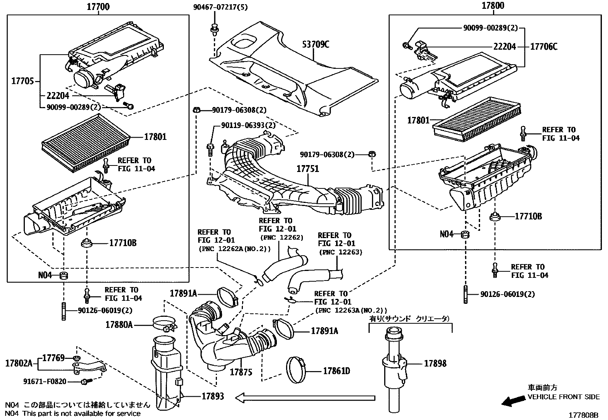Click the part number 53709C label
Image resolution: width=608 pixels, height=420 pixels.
coord(316,44)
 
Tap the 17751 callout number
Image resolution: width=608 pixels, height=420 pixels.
coord(307,169)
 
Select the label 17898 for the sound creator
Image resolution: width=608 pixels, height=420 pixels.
coord(435,363)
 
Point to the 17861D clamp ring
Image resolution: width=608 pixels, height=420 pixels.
coord(296,371)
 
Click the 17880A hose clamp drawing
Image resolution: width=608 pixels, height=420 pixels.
coord(165,324)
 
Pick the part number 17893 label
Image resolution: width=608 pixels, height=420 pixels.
coord(213,396)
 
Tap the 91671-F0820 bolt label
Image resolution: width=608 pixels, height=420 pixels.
coord(45,381)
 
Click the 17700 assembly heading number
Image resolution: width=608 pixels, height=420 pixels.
coord(98,6)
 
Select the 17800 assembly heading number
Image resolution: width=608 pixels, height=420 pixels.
coord(493,5)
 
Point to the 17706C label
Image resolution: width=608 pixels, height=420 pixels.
coord(544,47)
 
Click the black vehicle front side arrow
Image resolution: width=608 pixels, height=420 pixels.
coord(513,401)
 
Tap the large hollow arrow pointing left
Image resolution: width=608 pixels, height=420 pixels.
coord(305,398)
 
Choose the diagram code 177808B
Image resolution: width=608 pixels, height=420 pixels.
coord(584,415)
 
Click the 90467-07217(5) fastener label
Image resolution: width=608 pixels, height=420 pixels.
coord(220,7)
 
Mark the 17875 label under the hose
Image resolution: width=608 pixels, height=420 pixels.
coord(241,372)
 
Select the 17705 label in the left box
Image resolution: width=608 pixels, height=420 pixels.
coord(23,81)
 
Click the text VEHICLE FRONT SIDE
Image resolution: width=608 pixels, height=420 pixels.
coord(564,397)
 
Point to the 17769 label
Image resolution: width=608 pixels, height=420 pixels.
coord(53,358)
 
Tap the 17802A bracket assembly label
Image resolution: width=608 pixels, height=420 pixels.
coord(19,363)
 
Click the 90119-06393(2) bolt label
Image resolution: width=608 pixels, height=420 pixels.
coord(248,125)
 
